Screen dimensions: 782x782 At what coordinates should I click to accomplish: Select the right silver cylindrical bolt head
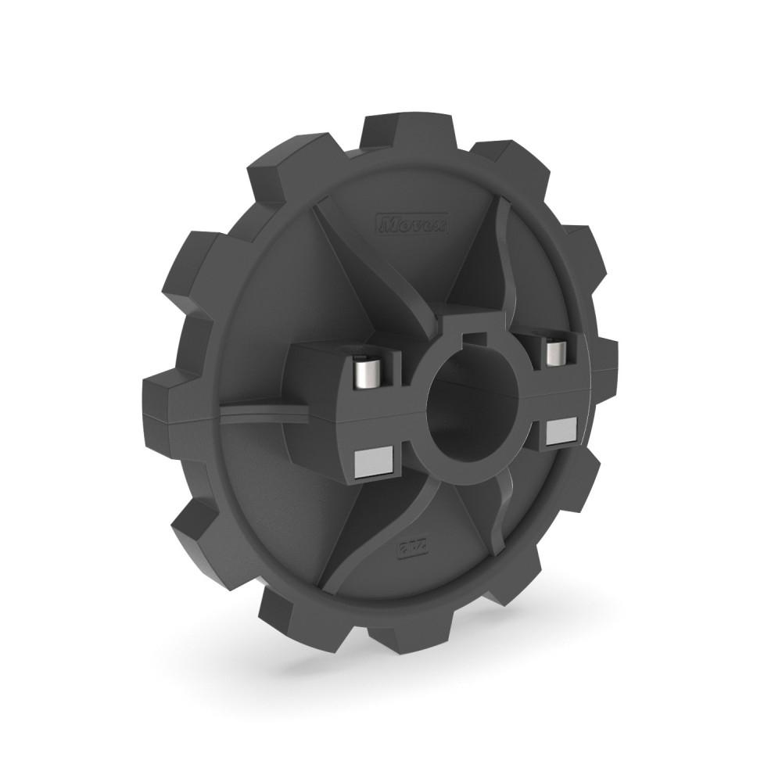tap(556, 351)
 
